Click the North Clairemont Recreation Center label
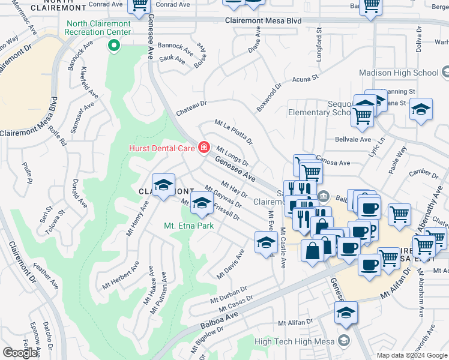click(x=112, y=27)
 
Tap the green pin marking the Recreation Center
click(x=112, y=46)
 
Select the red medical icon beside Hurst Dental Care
click(x=204, y=147)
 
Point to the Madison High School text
click(x=399, y=73)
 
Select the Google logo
click(x=20, y=353)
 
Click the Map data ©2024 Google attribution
click(x=412, y=355)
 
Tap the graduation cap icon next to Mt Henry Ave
click(x=163, y=185)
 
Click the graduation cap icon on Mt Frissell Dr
click(x=202, y=206)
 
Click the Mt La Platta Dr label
click(x=234, y=131)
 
